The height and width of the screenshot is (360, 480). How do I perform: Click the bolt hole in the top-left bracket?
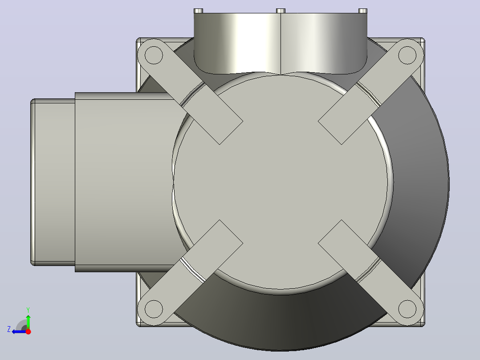[153, 55]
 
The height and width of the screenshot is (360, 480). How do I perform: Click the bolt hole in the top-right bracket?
[407, 55]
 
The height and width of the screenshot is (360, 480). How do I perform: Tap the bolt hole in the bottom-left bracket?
[153, 309]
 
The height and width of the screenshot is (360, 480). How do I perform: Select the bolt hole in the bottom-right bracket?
[407, 309]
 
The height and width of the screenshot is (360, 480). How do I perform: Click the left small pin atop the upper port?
[199, 11]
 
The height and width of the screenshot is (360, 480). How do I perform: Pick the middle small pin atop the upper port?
[281, 11]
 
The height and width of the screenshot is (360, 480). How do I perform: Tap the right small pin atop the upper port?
[363, 11]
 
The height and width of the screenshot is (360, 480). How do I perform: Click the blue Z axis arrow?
[20, 331]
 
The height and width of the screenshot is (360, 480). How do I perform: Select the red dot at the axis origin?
[28, 331]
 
